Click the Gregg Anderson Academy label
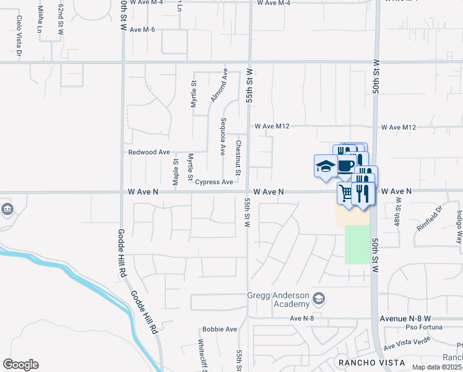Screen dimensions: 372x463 [x=278, y=299]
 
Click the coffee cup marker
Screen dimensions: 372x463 [x=346, y=166]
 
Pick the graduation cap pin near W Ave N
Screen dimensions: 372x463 [x=325, y=166]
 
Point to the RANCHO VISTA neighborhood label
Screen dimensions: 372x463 [x=371, y=362]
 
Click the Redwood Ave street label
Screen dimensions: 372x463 [x=149, y=152]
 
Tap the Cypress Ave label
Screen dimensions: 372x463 [x=214, y=182]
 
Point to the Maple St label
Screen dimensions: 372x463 [x=176, y=170]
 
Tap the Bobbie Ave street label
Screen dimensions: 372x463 [x=220, y=329]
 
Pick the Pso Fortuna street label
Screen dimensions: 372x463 [x=424, y=327]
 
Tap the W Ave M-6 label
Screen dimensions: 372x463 [x=141, y=29]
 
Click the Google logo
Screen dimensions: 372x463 [x=21, y=365]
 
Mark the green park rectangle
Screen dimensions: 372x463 [x=356, y=245]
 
